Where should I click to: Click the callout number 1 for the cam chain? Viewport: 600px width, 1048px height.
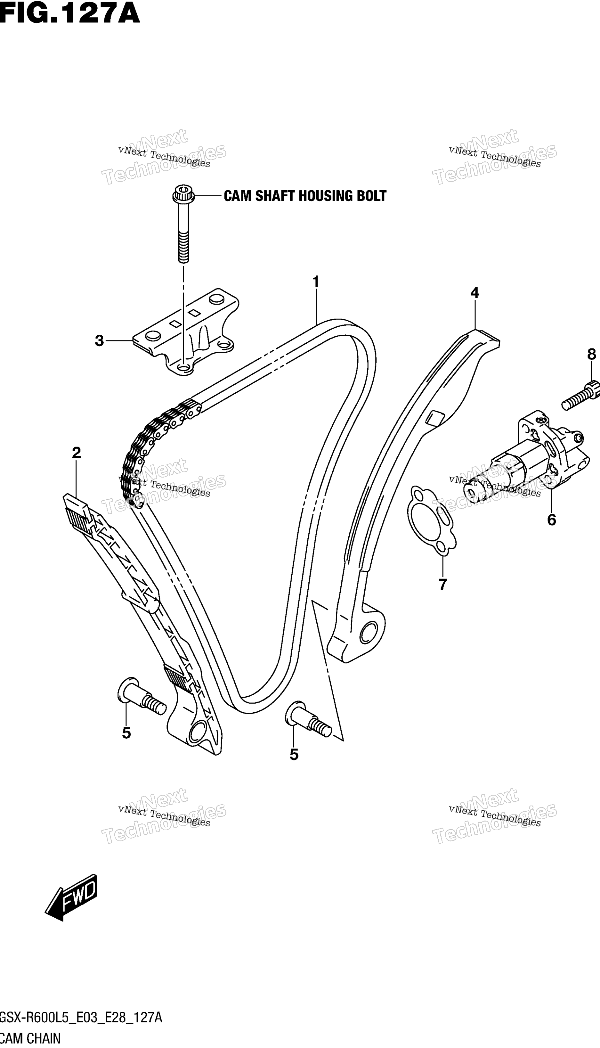[x=316, y=282]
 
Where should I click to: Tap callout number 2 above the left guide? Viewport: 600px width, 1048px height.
[x=76, y=453]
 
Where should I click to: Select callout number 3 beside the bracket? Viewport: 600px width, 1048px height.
[x=99, y=341]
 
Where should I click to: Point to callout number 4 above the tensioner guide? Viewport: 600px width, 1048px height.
[x=475, y=293]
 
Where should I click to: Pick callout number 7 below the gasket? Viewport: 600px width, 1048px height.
[x=442, y=584]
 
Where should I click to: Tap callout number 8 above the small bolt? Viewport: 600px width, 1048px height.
[x=592, y=354]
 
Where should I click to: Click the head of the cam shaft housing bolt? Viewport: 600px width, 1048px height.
[x=183, y=194]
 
